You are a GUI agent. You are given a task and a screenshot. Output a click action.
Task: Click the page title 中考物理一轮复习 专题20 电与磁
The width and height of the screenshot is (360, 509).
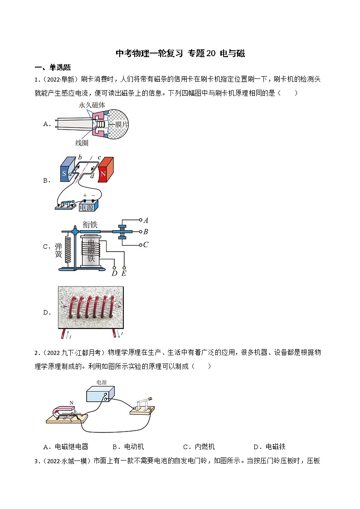coord(180,53)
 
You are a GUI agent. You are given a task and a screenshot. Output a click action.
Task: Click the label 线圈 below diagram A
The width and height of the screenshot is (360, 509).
coord(82,143)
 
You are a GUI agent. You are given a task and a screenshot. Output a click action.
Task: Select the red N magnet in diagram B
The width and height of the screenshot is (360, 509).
coord(105,170)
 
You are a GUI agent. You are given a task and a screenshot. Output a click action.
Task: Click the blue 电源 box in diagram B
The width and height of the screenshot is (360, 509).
coord(89,206)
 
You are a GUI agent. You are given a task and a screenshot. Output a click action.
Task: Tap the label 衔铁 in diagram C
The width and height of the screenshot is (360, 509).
coord(90,224)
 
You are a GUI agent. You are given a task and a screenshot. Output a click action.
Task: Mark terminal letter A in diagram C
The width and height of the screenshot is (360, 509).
coord(146,221)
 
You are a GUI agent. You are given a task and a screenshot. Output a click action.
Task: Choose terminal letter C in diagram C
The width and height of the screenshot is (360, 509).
coord(146,245)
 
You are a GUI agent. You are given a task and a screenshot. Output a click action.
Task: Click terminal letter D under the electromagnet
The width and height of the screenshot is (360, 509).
coord(114,273)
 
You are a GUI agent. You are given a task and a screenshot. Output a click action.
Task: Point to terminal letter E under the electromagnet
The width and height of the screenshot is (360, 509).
coord(124,273)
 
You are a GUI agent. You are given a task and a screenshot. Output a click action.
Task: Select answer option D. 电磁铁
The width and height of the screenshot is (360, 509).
coord(269,446)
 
